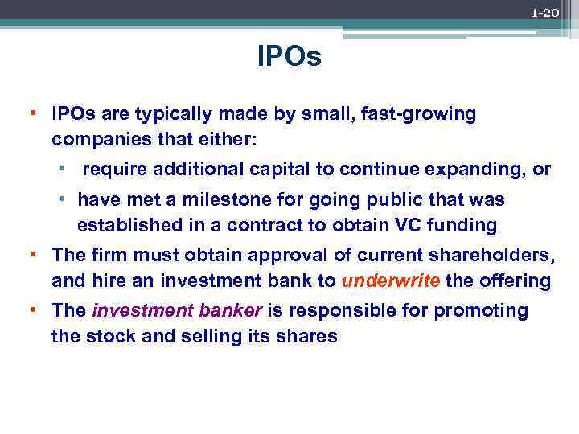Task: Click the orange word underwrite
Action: coord(390,281)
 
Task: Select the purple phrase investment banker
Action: coord(179,310)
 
